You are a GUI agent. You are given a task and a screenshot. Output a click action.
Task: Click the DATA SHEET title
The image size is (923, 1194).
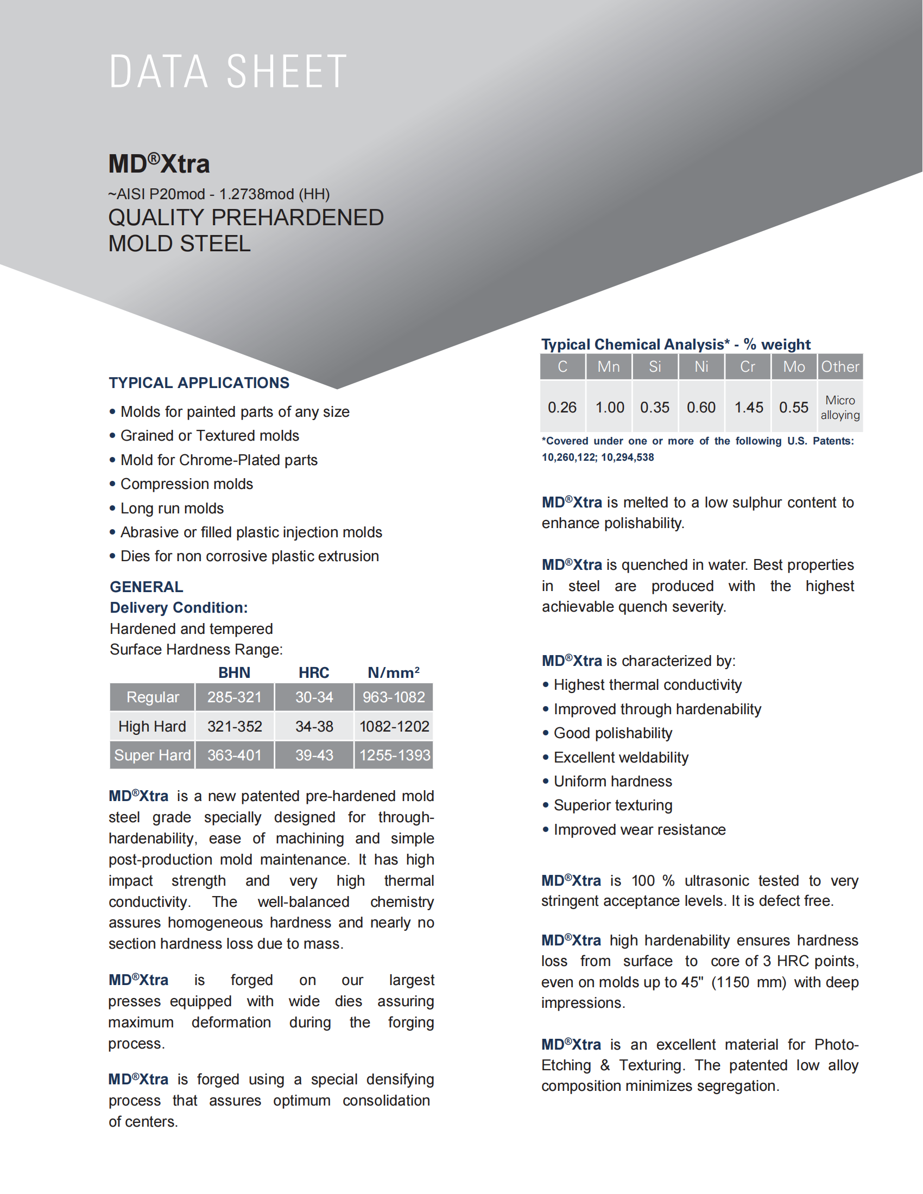[x=227, y=72]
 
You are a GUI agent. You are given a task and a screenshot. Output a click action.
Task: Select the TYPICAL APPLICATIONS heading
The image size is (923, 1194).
[x=199, y=383]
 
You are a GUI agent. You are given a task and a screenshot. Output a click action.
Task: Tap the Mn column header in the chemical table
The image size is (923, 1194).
[x=609, y=367]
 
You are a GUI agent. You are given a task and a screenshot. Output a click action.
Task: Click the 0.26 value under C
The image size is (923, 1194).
[x=562, y=407]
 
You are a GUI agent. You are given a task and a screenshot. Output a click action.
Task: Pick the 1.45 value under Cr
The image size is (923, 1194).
[x=749, y=407]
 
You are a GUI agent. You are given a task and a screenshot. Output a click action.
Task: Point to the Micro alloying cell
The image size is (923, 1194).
[x=840, y=407]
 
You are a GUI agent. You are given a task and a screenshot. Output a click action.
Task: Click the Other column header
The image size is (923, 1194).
[x=840, y=367]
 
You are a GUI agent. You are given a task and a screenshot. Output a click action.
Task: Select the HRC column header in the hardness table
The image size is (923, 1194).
[x=314, y=672]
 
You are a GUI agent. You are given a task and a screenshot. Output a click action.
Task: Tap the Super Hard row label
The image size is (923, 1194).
[x=153, y=755]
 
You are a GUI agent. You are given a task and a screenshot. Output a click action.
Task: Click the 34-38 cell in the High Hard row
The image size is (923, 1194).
[x=314, y=726]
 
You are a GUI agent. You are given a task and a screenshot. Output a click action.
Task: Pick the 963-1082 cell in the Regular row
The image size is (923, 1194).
[x=394, y=697]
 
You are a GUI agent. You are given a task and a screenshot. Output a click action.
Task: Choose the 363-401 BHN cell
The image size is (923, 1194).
[x=235, y=755]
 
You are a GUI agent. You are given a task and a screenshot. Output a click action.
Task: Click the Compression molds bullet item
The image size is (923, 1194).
[x=186, y=484]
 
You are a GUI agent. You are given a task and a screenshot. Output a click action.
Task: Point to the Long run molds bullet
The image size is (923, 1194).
[x=172, y=509]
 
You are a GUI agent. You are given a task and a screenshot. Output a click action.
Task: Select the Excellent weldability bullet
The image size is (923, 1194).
[x=621, y=757]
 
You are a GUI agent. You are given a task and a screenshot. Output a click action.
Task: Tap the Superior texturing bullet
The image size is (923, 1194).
[x=613, y=805]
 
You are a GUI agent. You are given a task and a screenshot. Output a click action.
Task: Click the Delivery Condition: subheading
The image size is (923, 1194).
[x=179, y=607]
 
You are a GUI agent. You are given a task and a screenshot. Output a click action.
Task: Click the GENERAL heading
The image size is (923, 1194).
[x=147, y=587]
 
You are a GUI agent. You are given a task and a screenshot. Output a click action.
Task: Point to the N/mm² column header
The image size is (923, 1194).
[x=394, y=672]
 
